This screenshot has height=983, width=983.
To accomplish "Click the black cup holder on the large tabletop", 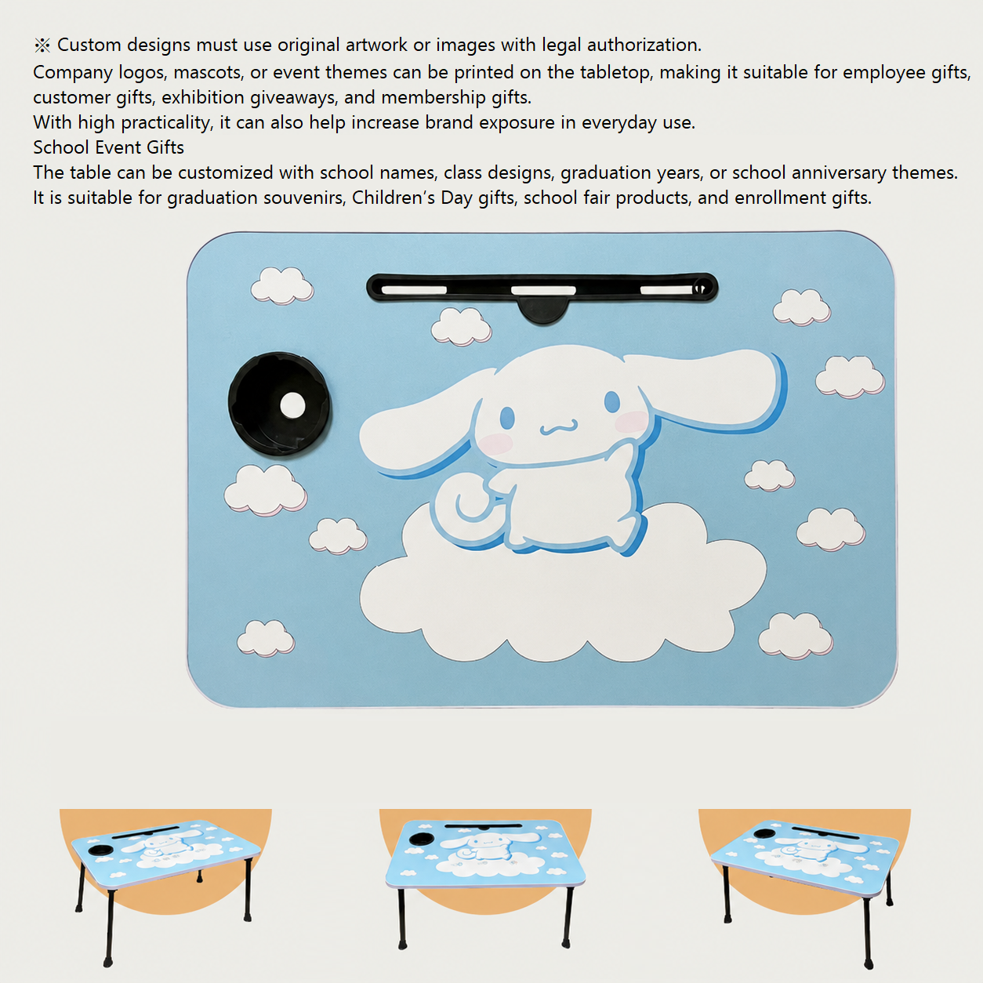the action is tap(279, 404).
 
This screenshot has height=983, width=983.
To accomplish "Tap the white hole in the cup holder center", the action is tap(293, 405).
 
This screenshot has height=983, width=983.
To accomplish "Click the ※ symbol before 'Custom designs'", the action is tap(42, 45).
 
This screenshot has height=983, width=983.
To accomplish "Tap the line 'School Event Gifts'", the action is tap(109, 147).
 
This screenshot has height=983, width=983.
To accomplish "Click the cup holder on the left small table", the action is tap(100, 850).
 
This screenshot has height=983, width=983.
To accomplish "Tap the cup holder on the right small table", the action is tap(764, 833).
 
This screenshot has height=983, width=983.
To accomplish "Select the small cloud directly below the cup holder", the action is tap(265, 490).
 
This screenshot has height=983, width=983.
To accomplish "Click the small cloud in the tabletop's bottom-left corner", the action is tap(266, 638).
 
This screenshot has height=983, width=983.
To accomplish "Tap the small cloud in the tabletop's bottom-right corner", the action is tap(796, 636).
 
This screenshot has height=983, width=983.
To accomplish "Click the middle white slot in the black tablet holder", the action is tap(543, 290).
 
